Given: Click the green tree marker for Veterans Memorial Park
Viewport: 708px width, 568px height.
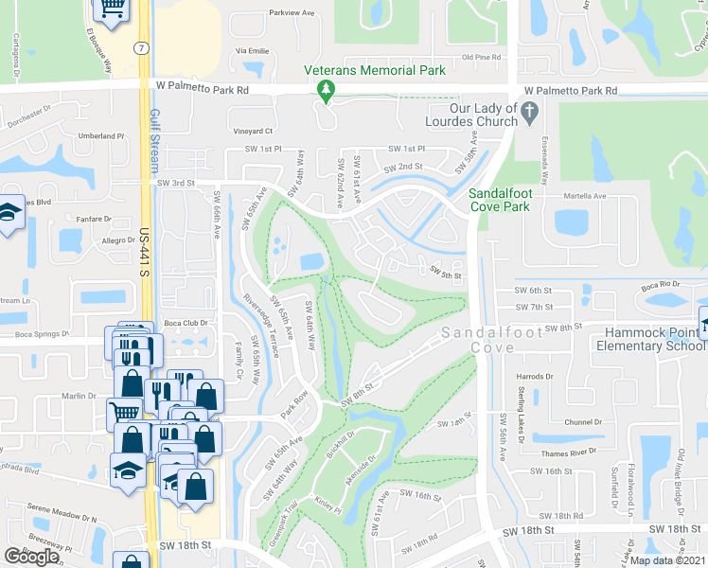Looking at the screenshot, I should pos(327,90).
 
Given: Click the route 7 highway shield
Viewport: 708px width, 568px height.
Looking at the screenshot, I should pos(140,46).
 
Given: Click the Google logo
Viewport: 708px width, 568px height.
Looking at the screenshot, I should pos(32,557).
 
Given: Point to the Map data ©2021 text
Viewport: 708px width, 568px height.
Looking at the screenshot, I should pos(668,560).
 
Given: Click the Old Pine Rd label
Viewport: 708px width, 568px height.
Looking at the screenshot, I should pos(480,58).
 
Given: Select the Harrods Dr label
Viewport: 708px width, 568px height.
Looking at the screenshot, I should pos(536,376).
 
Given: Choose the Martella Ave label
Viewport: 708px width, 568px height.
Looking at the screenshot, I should pos(587,196).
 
